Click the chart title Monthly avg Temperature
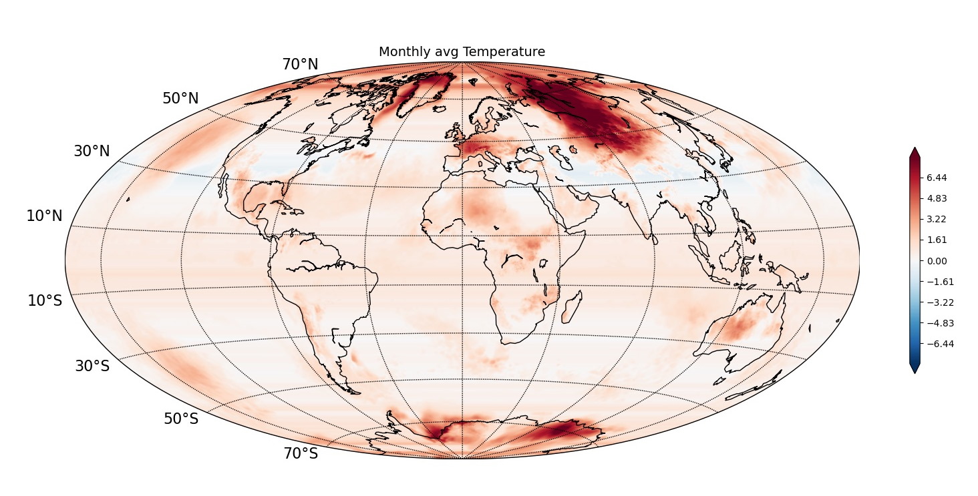click(x=462, y=52)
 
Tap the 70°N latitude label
click(x=300, y=65)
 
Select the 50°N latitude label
click(x=180, y=99)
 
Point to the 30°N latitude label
click(x=92, y=152)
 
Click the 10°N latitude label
click(x=44, y=216)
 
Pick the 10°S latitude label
click(x=45, y=300)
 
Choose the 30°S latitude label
click(x=92, y=366)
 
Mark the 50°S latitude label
click(x=181, y=419)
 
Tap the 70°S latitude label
click(x=301, y=454)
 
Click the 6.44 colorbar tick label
click(x=937, y=178)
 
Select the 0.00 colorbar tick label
click(x=937, y=261)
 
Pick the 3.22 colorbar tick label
click(x=937, y=219)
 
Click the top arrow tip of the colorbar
click(x=915, y=149)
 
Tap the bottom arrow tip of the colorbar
click(x=915, y=373)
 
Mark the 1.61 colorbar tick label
click(x=937, y=240)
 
